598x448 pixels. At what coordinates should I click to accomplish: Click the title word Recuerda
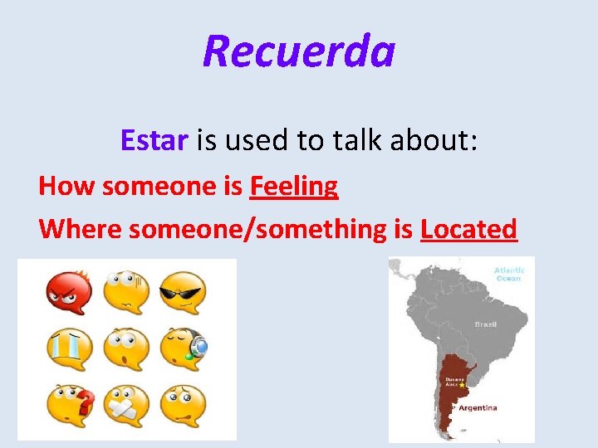point(298,51)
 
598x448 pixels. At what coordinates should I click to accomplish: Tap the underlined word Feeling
point(293,186)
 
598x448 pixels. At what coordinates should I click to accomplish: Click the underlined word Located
point(468,228)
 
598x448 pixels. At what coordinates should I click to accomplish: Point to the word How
point(66,186)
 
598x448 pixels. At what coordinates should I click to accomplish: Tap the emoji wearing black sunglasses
point(183,293)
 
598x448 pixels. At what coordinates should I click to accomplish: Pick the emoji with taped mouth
point(126,405)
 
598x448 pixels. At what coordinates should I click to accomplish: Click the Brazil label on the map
point(485,324)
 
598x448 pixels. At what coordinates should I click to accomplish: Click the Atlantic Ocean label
point(508,275)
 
